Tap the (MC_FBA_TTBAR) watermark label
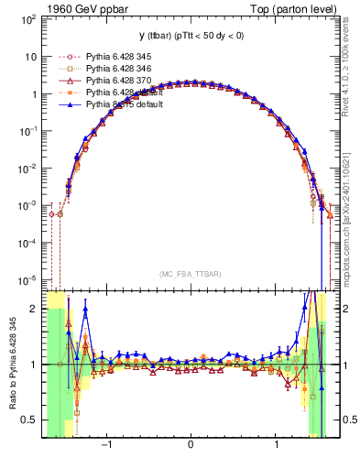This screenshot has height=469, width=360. tap(189, 274)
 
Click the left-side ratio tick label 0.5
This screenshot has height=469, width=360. tap(31, 420)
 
